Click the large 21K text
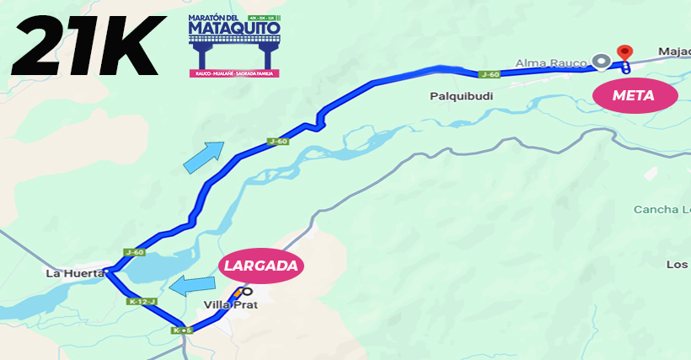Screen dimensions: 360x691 [x=84, y=46]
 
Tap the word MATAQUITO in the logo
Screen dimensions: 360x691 [x=234, y=31]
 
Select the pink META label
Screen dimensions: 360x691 [x=635, y=95]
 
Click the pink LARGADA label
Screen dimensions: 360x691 [x=261, y=266]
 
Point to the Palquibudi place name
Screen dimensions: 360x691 [x=460, y=96]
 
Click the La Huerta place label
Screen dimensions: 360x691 [x=74, y=273]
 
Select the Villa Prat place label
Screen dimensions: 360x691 [x=230, y=305]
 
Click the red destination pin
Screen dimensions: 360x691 [x=624, y=52]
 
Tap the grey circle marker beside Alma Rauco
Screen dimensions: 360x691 [x=601, y=61]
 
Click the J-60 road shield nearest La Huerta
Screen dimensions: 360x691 [x=134, y=251]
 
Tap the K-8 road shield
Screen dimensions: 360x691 [x=181, y=330]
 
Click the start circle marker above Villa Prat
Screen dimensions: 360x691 [x=247, y=292]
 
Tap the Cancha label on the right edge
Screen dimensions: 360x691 [x=662, y=209]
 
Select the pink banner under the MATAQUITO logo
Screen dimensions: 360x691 [x=234, y=73]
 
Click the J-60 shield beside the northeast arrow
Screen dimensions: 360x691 [x=279, y=141]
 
